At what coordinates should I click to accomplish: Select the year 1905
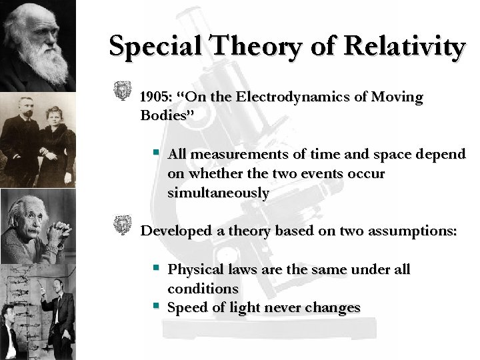155,97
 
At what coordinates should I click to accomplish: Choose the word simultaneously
218,193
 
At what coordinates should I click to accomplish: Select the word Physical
194,270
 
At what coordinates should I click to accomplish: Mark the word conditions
203,289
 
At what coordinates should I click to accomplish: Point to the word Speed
186,308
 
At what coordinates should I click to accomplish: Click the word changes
331,308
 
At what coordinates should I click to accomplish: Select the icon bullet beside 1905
122,92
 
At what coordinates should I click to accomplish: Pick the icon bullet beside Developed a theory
122,225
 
